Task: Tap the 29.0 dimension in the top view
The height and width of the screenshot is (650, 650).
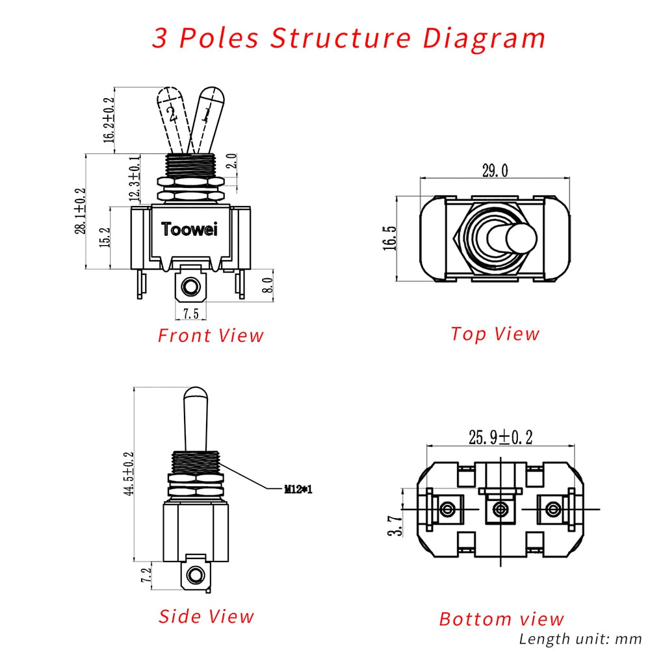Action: point(495,171)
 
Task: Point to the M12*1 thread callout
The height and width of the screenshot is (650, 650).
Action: point(298,489)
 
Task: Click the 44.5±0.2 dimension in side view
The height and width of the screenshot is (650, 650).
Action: point(129,474)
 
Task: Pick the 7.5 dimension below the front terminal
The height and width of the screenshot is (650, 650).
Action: point(190,313)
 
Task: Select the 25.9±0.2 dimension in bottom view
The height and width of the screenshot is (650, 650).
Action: point(501,437)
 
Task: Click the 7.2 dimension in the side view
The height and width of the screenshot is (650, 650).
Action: point(147,575)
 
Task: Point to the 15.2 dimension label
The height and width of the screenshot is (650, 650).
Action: point(104,238)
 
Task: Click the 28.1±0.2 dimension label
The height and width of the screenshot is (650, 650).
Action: point(81,211)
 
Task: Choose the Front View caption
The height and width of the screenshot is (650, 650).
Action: point(211,335)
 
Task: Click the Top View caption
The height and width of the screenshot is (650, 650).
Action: point(495,333)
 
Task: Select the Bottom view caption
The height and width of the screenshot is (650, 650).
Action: point(501,619)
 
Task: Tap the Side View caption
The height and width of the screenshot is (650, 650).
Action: point(206,616)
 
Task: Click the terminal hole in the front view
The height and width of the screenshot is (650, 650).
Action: point(190,286)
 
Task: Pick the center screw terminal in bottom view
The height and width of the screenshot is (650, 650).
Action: point(500,509)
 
